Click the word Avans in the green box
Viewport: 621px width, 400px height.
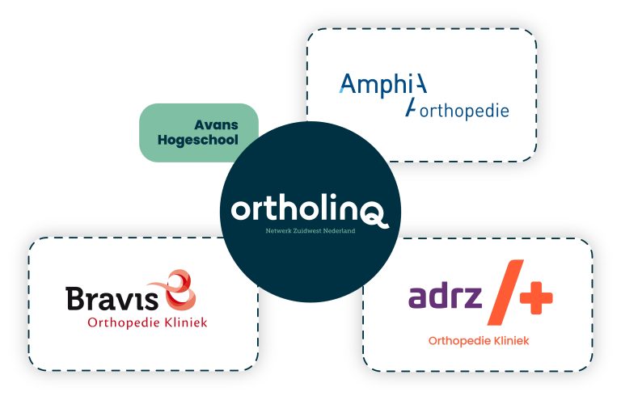click(x=216, y=125)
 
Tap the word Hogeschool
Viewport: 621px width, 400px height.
click(x=197, y=140)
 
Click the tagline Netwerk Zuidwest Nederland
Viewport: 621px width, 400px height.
click(x=310, y=231)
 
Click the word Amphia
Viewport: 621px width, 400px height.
click(x=383, y=85)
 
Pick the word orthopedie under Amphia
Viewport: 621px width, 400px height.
click(x=464, y=111)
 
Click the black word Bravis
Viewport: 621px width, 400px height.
click(x=112, y=298)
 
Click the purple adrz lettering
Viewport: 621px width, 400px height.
click(x=445, y=296)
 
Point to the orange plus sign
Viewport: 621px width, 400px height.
click(x=536, y=297)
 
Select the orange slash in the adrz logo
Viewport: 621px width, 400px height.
click(x=505, y=293)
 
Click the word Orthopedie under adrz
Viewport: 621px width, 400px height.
click(x=458, y=341)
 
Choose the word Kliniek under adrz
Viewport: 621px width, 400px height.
click(x=510, y=341)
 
